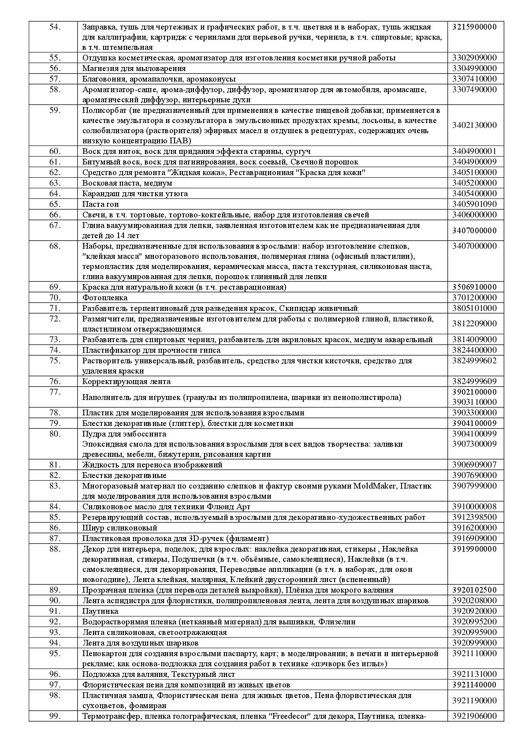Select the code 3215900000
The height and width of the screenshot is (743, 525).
[474, 27]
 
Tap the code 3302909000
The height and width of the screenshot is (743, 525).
[474, 58]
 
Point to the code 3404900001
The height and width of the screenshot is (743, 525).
[474, 151]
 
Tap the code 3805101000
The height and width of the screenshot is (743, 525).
[474, 308]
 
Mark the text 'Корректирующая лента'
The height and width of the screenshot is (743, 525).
[127, 381]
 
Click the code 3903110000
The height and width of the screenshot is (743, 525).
[474, 402]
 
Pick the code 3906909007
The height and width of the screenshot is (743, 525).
[474, 465]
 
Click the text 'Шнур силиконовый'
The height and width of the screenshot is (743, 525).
[119, 528]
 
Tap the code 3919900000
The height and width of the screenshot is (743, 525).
[474, 549]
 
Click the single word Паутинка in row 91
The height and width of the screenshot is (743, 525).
[100, 611]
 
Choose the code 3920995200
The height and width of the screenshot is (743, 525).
[474, 622]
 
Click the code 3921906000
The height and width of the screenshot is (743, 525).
[474, 716]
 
